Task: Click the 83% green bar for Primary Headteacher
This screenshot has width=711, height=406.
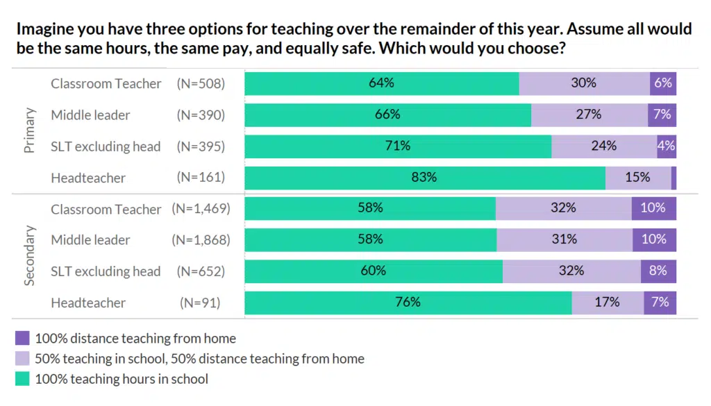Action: [424, 178]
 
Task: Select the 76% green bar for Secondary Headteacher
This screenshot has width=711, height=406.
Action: [408, 303]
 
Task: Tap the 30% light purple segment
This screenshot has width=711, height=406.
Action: [584, 83]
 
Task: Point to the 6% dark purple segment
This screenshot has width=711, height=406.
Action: [663, 83]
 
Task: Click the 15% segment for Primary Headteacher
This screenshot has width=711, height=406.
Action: [637, 178]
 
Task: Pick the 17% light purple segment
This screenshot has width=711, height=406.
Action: [607, 303]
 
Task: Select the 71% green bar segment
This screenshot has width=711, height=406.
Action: [398, 146]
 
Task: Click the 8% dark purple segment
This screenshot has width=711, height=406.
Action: [658, 271]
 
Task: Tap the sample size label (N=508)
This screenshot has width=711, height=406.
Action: [201, 83]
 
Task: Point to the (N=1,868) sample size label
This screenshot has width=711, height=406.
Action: [201, 240]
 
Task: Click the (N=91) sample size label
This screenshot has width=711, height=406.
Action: [201, 303]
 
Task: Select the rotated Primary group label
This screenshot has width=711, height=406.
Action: [29, 130]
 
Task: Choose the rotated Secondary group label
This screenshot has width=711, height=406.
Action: [29, 255]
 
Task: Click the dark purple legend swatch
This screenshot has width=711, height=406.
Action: [22, 339]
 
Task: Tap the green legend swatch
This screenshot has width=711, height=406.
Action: [22, 379]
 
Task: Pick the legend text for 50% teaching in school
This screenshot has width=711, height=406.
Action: [199, 359]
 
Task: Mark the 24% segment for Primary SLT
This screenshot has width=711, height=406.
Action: [604, 146]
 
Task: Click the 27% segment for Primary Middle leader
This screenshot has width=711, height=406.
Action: [589, 115]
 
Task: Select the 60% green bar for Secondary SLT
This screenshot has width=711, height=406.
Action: [374, 271]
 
